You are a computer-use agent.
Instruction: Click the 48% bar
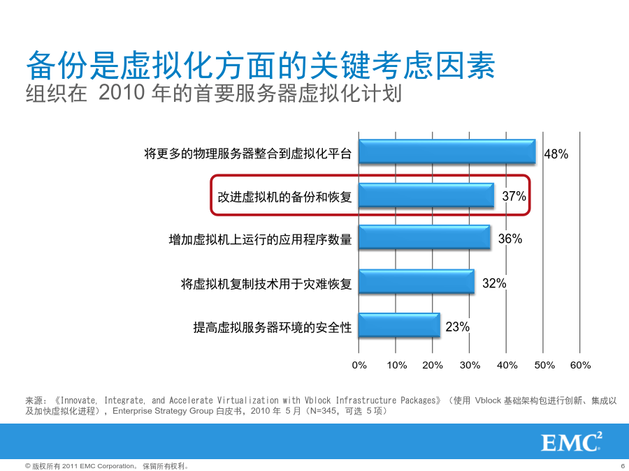(447, 151)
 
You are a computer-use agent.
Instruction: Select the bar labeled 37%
(426, 195)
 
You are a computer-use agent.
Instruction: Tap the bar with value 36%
(424, 237)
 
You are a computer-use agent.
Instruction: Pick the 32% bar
(417, 282)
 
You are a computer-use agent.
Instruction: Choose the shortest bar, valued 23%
(400, 324)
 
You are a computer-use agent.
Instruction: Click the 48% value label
(556, 154)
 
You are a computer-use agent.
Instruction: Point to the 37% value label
(514, 196)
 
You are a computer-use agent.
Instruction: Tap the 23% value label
(457, 327)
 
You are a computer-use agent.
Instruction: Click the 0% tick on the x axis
(359, 365)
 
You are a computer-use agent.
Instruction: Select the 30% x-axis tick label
(470, 365)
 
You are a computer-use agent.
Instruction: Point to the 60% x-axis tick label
(581, 365)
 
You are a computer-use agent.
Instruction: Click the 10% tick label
(397, 365)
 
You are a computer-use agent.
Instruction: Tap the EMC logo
(572, 442)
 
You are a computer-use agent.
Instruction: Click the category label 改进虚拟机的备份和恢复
(285, 197)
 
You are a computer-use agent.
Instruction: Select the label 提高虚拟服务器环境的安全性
(273, 328)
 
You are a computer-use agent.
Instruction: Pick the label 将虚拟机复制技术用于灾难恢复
(266, 284)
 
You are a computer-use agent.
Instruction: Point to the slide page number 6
(623, 466)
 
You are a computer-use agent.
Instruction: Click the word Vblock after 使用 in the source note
(488, 401)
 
